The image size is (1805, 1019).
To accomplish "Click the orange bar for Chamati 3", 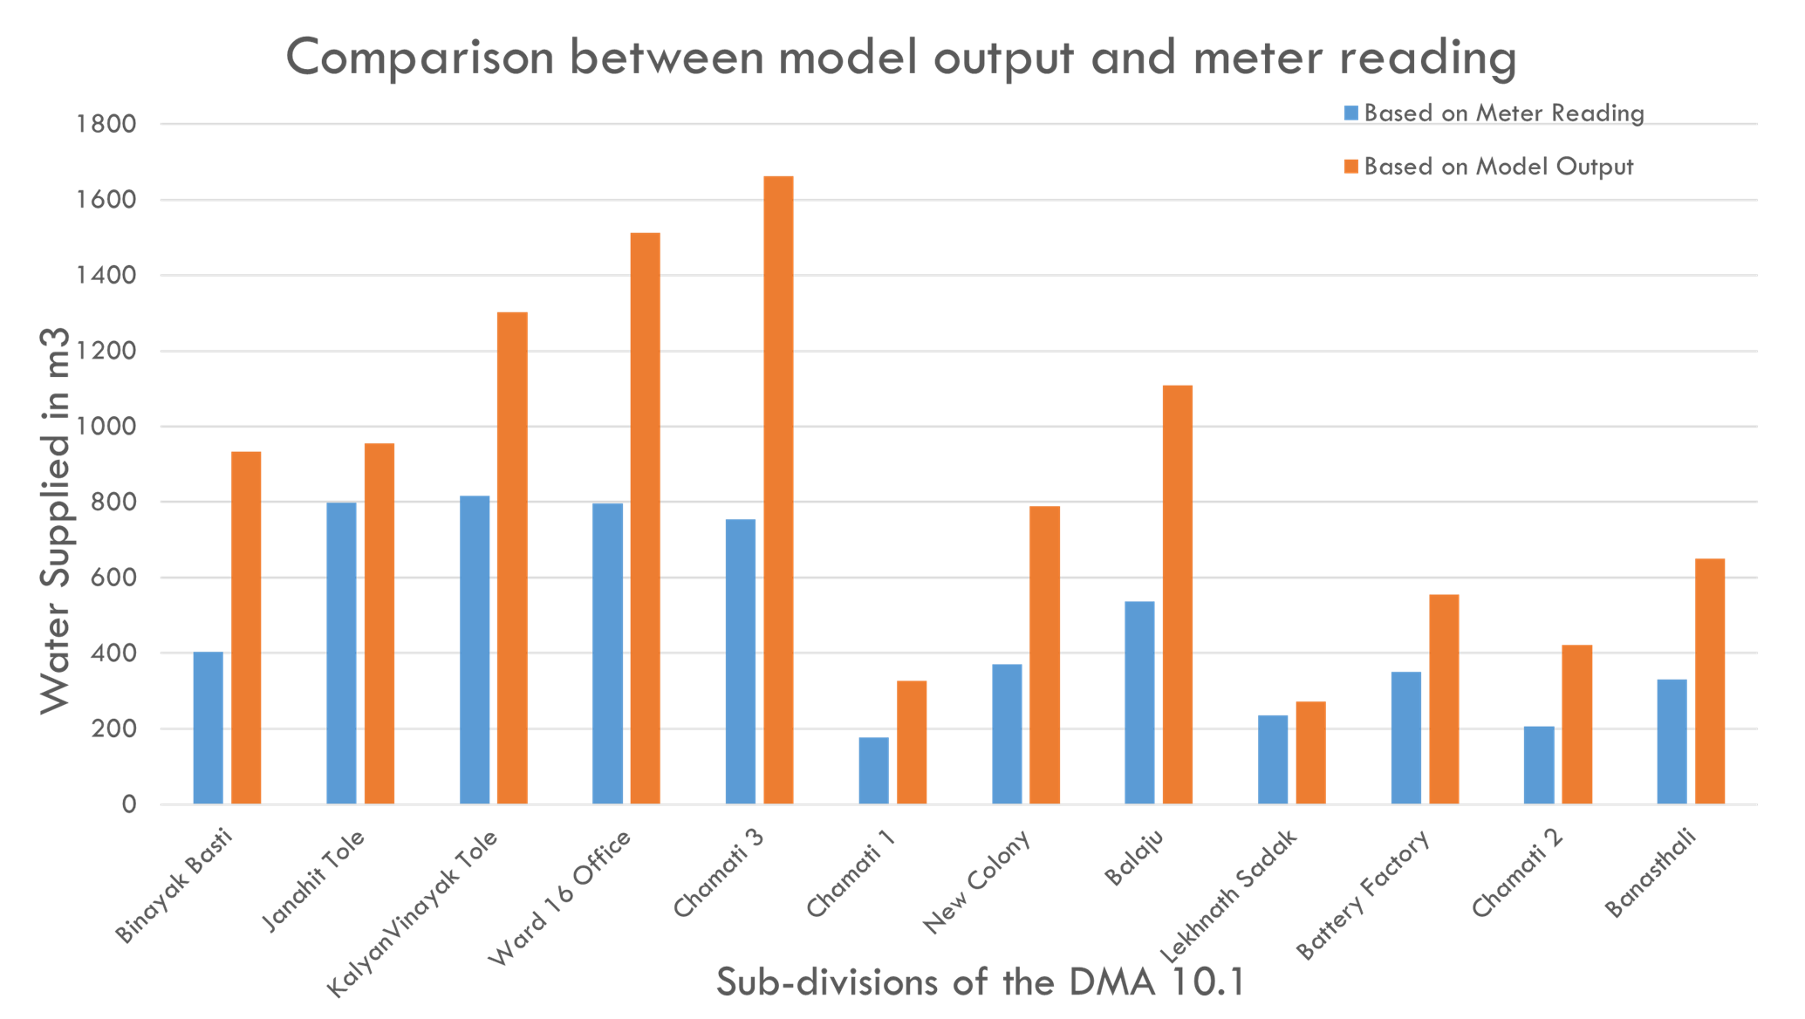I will click(778, 489).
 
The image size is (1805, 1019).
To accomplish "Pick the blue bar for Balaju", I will click(1139, 702).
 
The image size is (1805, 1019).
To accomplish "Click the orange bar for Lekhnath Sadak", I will click(1310, 751).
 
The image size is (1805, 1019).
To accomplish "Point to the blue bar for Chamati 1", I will click(873, 769).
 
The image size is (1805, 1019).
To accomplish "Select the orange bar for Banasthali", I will click(1710, 680).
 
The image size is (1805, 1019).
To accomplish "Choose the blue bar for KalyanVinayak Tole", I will click(475, 649).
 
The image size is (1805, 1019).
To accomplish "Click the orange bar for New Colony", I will click(1044, 654).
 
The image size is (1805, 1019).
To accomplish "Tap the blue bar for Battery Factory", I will click(1405, 736).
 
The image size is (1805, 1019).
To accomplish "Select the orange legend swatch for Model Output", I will click(1351, 167).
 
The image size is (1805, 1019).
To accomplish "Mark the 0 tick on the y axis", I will click(129, 804).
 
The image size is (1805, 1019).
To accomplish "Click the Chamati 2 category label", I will click(1518, 872).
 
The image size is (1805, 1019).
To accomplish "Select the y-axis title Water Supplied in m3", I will click(55, 520).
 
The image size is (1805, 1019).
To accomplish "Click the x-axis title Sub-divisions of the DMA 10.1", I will click(981, 982).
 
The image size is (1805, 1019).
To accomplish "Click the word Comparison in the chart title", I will click(420, 58).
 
